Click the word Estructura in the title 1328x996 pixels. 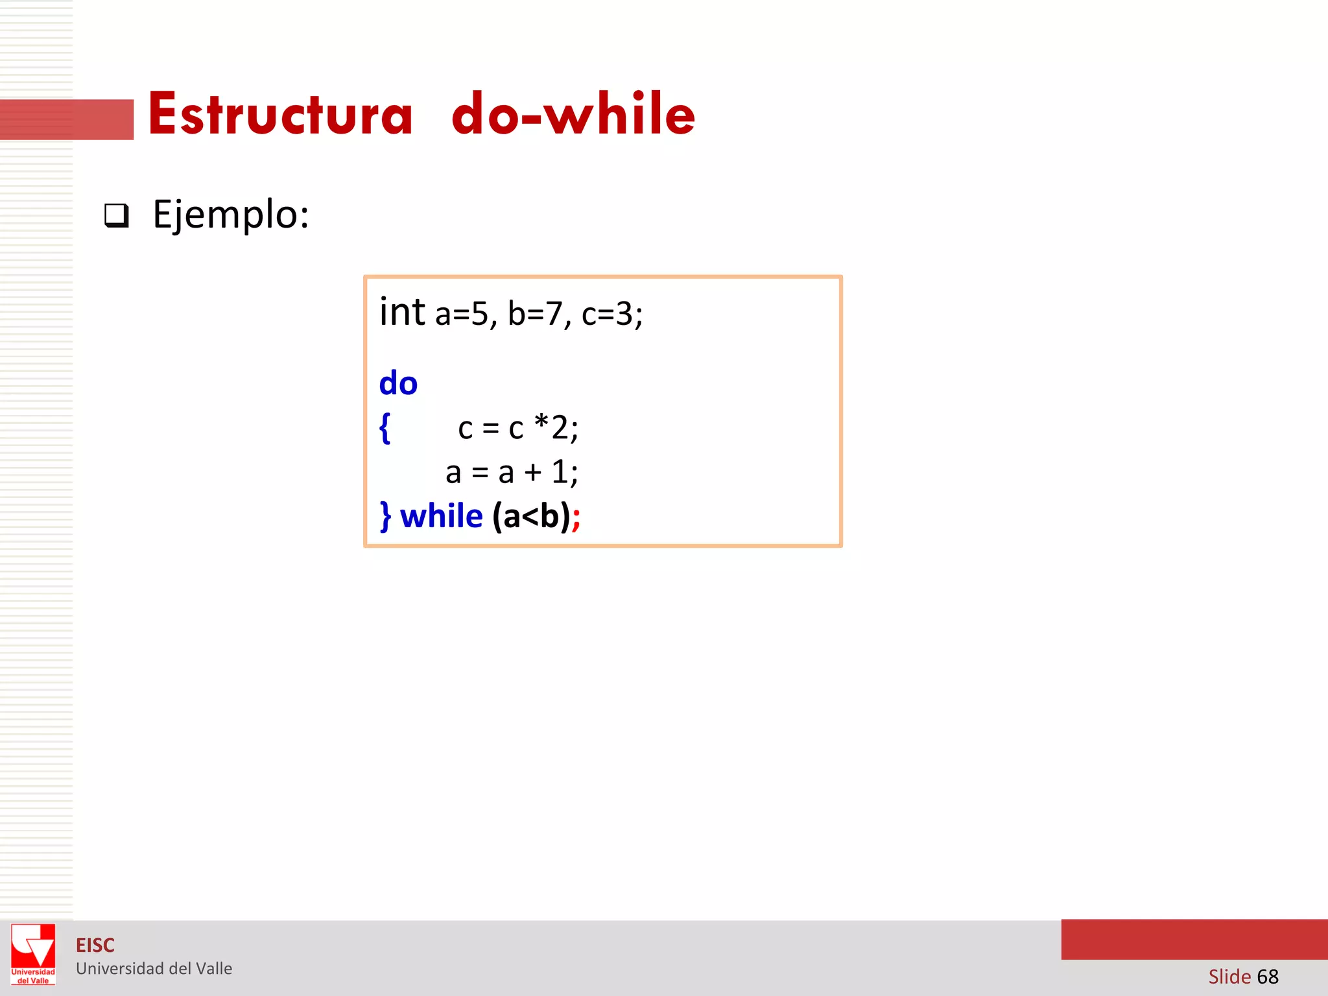pyautogui.click(x=280, y=114)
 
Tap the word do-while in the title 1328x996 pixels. pyautogui.click(x=573, y=114)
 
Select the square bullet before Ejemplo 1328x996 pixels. pyautogui.click(x=117, y=215)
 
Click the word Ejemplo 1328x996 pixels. pyautogui.click(x=230, y=215)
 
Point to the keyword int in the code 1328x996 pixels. pyautogui.click(x=402, y=312)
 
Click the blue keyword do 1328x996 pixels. pyautogui.click(x=398, y=383)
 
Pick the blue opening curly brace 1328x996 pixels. pyautogui.click(x=385, y=428)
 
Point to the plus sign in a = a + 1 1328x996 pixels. pyautogui.click(x=533, y=473)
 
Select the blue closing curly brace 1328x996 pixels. pyautogui.click(x=386, y=517)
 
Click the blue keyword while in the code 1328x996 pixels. pyautogui.click(x=442, y=517)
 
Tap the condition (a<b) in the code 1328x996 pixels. pyautogui.click(x=531, y=517)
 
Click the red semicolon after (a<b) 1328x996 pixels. pyautogui.click(x=576, y=519)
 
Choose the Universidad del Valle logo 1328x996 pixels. pyautogui.click(x=33, y=954)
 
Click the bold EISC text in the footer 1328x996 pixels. pyautogui.click(x=95, y=945)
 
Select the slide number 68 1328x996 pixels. pyautogui.click(x=1268, y=977)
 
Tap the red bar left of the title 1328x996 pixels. pyautogui.click(x=67, y=119)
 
